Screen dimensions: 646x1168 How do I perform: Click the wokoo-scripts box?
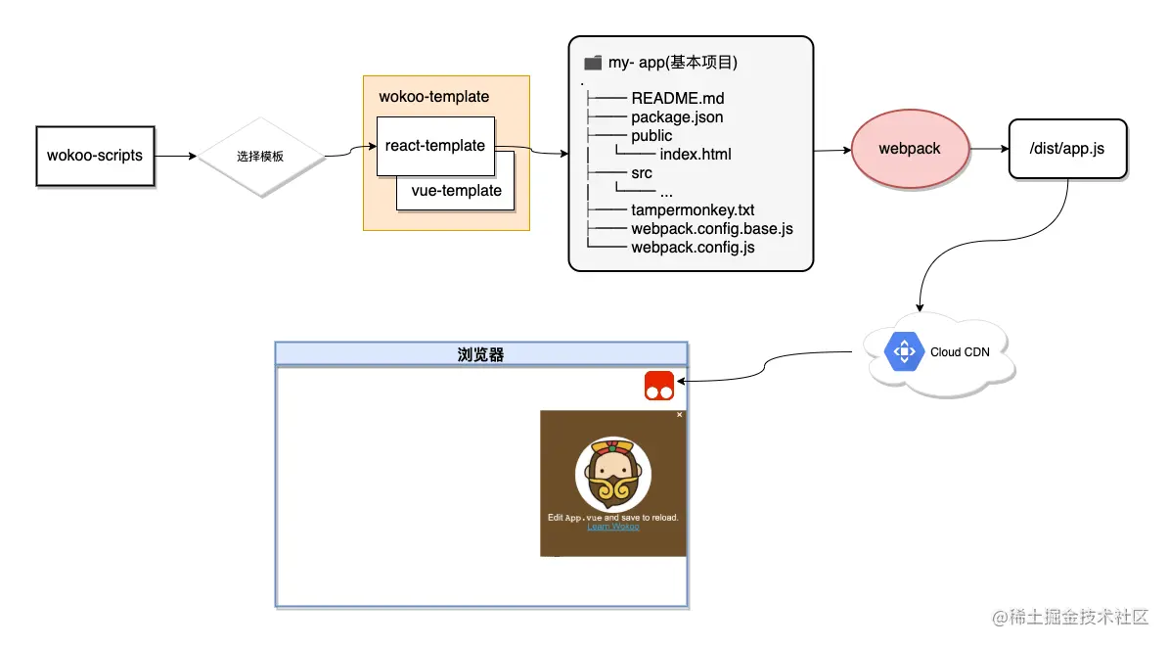pyautogui.click(x=95, y=156)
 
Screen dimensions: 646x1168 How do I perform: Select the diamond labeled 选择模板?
pyautogui.click(x=260, y=157)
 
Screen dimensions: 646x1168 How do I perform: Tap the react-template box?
pyautogui.click(x=435, y=146)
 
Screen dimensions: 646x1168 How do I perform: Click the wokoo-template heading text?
pyautogui.click(x=433, y=97)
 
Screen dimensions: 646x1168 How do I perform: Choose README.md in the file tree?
pyautogui.click(x=677, y=98)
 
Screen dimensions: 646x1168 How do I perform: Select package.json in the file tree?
pyautogui.click(x=677, y=117)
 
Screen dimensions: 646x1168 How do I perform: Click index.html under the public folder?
pyautogui.click(x=695, y=155)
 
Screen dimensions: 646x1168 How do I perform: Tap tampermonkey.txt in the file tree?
pyautogui.click(x=693, y=210)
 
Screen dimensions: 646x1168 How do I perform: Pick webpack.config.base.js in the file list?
pyautogui.click(x=711, y=229)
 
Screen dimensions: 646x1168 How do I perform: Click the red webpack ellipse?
pyautogui.click(x=910, y=149)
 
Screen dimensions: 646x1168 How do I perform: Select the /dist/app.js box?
pyautogui.click(x=1067, y=149)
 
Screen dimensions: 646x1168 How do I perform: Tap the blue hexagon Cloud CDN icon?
pyautogui.click(x=903, y=351)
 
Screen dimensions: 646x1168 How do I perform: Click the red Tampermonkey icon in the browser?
pyautogui.click(x=659, y=386)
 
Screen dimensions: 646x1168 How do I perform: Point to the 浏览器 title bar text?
pyautogui.click(x=480, y=354)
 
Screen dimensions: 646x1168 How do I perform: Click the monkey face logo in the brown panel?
pyautogui.click(x=613, y=474)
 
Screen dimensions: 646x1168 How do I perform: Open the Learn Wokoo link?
pyautogui.click(x=612, y=527)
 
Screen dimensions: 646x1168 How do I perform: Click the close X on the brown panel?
pyautogui.click(x=680, y=415)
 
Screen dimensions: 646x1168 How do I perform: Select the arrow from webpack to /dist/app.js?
pyautogui.click(x=989, y=149)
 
